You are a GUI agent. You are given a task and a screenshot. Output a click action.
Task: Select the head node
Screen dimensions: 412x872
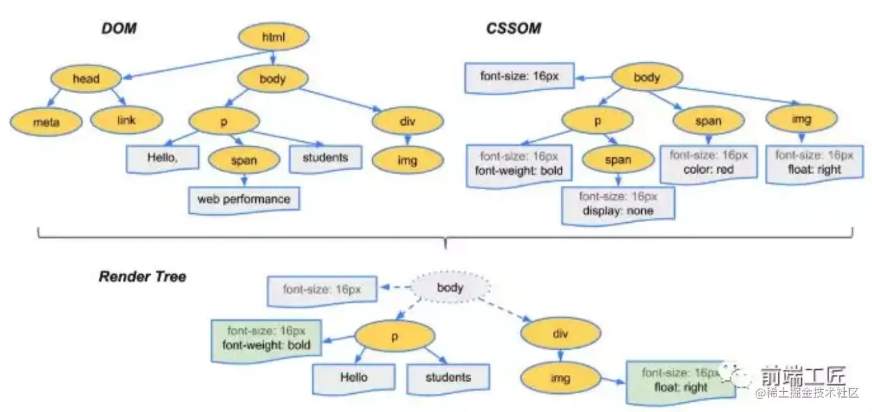point(86,79)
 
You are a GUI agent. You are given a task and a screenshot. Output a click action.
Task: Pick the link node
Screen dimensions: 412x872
point(125,119)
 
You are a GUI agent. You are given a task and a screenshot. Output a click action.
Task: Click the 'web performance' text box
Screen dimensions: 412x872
point(244,199)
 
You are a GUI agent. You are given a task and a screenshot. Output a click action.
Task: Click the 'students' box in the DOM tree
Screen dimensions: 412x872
point(325,158)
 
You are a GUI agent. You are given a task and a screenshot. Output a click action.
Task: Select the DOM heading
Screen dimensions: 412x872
point(118,29)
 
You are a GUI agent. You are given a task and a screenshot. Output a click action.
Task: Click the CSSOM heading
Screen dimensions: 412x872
point(513,29)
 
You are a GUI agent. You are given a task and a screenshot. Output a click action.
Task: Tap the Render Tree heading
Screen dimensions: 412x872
point(142,277)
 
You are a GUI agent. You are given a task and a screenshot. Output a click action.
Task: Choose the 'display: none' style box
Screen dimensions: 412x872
point(618,203)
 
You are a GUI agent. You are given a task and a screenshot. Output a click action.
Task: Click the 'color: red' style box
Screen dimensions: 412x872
point(709,162)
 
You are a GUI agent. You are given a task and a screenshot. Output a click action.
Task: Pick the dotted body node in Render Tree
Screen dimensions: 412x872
point(450,287)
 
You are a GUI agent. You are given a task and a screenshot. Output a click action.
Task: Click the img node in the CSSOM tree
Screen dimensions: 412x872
point(802,120)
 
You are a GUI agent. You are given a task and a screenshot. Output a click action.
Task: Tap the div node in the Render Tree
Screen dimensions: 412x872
point(559,335)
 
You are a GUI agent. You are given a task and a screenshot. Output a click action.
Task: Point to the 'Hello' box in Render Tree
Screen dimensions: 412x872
point(353,378)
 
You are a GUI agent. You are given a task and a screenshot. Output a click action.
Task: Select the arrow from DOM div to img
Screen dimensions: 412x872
point(407,139)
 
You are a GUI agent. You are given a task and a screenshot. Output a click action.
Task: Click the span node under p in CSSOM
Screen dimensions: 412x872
point(618,161)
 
